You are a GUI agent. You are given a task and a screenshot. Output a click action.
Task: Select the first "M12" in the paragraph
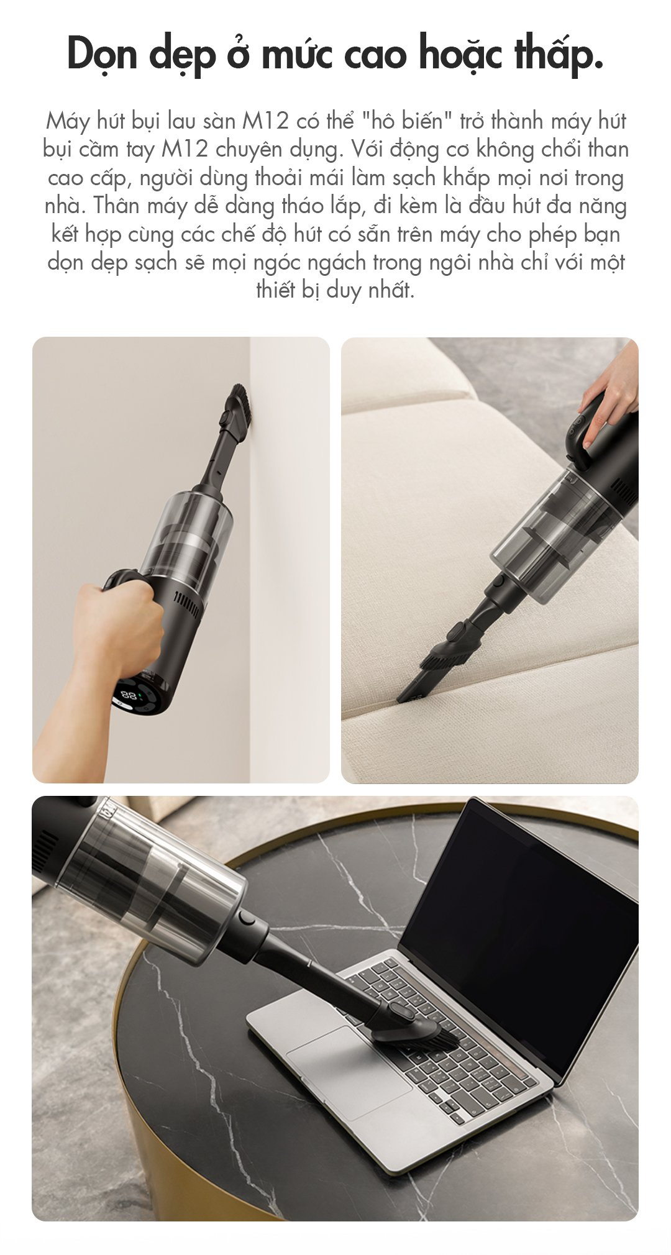coord(265,121)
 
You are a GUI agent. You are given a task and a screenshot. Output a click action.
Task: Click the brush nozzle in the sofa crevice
coord(441,667)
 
